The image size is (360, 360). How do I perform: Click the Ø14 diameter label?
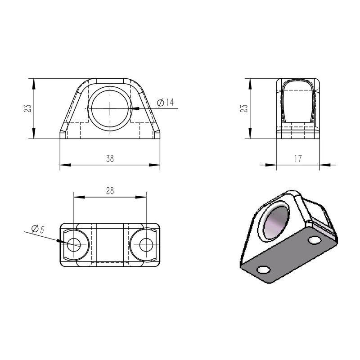(166, 103)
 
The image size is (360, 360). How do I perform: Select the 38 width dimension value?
(110, 158)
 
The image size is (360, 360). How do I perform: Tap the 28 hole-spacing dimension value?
(110, 191)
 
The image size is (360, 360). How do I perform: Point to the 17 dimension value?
(297, 158)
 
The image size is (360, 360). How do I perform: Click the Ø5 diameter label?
(37, 229)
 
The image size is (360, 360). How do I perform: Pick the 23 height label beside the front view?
(28, 108)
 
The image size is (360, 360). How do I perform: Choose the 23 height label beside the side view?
(244, 108)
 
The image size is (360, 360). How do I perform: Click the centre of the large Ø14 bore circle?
(110, 108)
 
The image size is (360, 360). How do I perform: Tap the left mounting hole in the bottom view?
(74, 245)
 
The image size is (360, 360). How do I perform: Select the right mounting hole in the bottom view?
(146, 245)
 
